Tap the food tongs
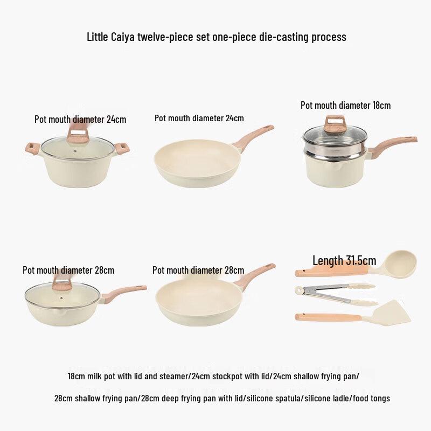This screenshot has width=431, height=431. pyautogui.click(x=334, y=294)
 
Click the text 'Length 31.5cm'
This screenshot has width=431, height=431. pyautogui.click(x=344, y=261)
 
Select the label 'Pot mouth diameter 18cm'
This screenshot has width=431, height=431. pyautogui.click(x=345, y=106)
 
